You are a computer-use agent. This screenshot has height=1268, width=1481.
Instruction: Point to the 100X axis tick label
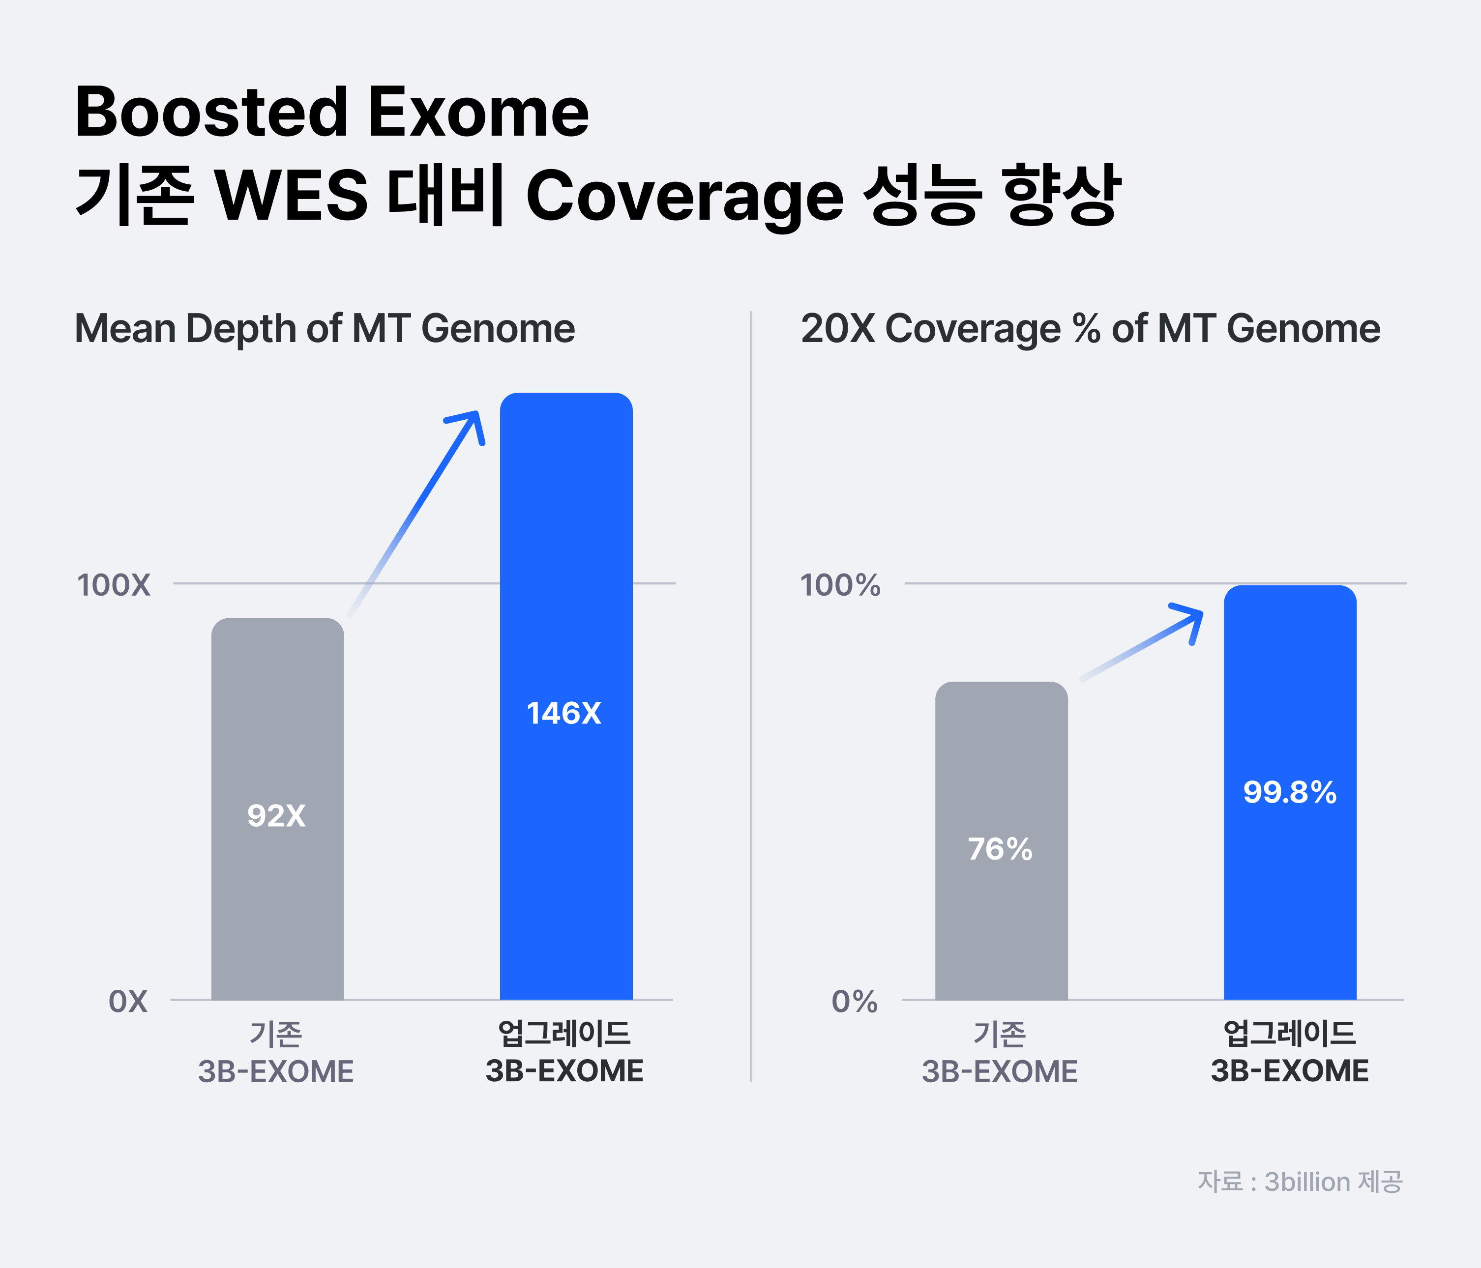tap(114, 585)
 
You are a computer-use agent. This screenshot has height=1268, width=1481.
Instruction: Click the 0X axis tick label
tap(128, 1002)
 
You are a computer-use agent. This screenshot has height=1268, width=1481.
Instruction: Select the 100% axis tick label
tap(840, 585)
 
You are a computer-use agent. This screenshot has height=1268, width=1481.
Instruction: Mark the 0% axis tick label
tap(854, 1002)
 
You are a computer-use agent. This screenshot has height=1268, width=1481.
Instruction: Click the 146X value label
tap(564, 713)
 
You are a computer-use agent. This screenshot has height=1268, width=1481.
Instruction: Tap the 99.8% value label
tap(1289, 792)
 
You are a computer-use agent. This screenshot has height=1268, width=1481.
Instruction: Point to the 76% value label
tap(1000, 849)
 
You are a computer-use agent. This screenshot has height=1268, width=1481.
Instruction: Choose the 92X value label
tap(276, 815)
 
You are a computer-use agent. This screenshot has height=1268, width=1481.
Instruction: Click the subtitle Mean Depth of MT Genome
tap(325, 329)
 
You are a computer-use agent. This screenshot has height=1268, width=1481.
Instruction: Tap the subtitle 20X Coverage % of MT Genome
tap(1090, 329)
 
